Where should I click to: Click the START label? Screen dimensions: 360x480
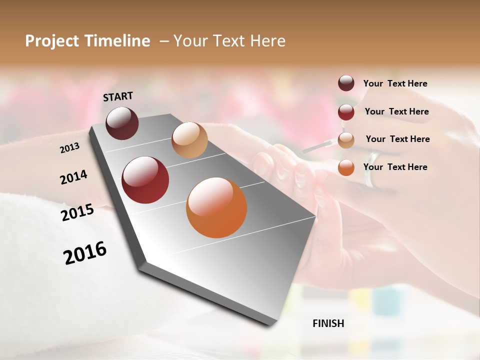pyautogui.click(x=118, y=96)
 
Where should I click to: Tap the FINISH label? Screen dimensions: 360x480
pyautogui.click(x=328, y=323)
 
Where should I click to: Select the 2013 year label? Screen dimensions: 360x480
pyautogui.click(x=69, y=148)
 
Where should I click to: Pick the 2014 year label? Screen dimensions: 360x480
pyautogui.click(x=73, y=177)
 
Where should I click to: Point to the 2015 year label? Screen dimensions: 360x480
pyautogui.click(x=77, y=212)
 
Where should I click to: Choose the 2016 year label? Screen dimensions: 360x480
pyautogui.click(x=85, y=253)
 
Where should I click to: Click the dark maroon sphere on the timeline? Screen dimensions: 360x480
pyautogui.click(x=122, y=123)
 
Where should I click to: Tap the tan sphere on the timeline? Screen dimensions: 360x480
pyautogui.click(x=189, y=139)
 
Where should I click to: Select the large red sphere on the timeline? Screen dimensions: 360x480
pyautogui.click(x=145, y=180)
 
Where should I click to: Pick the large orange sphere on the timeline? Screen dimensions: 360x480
pyautogui.click(x=216, y=207)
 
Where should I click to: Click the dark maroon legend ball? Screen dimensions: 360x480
pyautogui.click(x=346, y=83)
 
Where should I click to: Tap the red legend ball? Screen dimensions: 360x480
pyautogui.click(x=346, y=112)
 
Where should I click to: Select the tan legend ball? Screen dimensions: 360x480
pyautogui.click(x=346, y=140)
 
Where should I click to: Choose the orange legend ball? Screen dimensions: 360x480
pyautogui.click(x=346, y=167)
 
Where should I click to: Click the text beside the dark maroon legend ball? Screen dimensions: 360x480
pyautogui.click(x=395, y=84)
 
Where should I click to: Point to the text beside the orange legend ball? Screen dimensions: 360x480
pyautogui.click(x=395, y=167)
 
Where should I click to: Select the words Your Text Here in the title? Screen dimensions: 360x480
pyautogui.click(x=229, y=41)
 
